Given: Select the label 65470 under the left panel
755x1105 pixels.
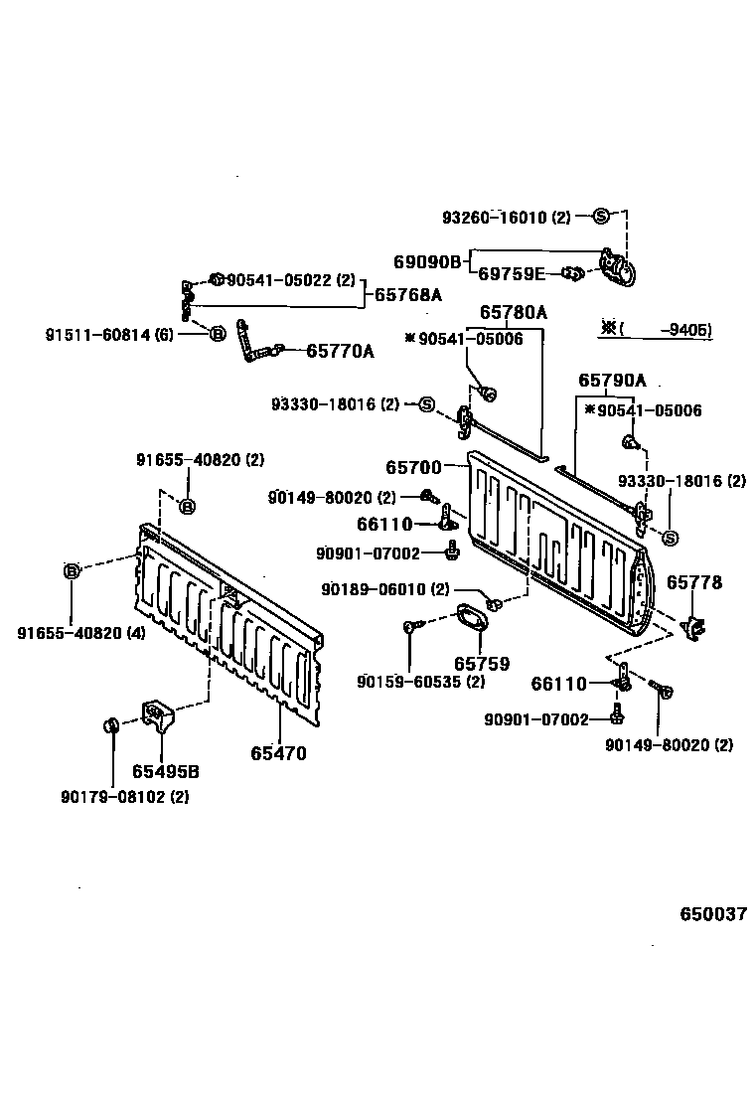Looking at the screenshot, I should point(278,753).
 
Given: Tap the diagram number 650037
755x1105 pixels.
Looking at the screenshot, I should point(712,914).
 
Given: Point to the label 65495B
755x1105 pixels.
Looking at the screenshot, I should point(165,772).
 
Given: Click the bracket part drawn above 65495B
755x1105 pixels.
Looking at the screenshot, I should point(157,714).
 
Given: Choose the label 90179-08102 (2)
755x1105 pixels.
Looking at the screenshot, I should point(124,796).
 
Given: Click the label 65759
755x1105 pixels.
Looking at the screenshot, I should point(482,663).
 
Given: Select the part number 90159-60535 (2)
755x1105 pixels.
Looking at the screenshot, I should point(421,682).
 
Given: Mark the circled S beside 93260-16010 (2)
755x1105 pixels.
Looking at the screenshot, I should point(601,217).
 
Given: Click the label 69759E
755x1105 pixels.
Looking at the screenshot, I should point(512,274).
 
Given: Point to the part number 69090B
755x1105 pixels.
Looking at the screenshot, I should point(427,262).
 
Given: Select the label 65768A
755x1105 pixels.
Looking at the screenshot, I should point(408,295).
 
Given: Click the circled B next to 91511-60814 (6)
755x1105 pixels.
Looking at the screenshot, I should point(218,334).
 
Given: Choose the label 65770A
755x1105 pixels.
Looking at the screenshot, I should point(340,351).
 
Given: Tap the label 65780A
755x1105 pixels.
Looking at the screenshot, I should point(514,312).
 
